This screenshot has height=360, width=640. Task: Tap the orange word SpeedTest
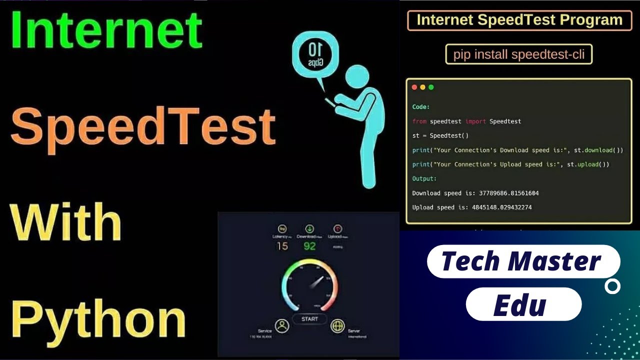(143, 125)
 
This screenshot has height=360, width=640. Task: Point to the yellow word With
(65, 223)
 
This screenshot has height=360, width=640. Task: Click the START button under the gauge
(309, 318)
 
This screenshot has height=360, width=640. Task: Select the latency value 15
(282, 246)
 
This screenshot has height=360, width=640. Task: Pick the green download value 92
(309, 246)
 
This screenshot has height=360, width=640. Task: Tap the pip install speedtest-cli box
(518, 54)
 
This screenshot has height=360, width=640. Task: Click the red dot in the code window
(414, 87)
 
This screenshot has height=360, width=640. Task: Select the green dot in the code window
(431, 87)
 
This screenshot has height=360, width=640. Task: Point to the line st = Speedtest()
(440, 135)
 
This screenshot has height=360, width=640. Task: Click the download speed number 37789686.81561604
(505, 193)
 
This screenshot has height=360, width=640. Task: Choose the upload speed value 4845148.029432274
(501, 207)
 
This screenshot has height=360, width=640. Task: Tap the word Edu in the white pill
(519, 304)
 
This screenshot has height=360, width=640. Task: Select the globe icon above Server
(338, 326)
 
